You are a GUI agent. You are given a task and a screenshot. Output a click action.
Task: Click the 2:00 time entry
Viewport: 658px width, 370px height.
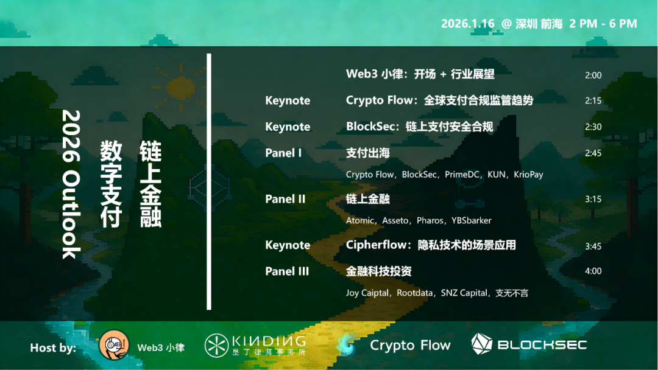pyautogui.click(x=593, y=75)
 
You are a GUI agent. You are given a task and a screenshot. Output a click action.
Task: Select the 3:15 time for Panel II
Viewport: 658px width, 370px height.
pyautogui.click(x=593, y=200)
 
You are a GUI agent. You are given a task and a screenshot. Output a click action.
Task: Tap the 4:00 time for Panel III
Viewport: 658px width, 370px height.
pyautogui.click(x=593, y=271)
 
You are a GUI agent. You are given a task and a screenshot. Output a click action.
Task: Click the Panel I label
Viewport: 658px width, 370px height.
pyautogui.click(x=283, y=153)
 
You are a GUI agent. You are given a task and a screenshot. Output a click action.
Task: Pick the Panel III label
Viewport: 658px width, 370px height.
pyautogui.click(x=287, y=271)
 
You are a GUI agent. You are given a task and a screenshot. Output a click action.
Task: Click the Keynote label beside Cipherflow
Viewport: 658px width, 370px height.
pyautogui.click(x=288, y=245)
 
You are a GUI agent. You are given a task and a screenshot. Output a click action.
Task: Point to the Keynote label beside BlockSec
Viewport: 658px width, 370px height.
pyautogui.click(x=288, y=127)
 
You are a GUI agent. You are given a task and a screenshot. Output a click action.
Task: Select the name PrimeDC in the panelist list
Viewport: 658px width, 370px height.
pyautogui.click(x=462, y=174)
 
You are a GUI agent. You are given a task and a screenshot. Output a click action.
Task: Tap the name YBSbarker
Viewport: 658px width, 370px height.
pyautogui.click(x=471, y=220)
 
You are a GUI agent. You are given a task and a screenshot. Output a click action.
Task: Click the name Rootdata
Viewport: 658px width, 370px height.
pyautogui.click(x=415, y=293)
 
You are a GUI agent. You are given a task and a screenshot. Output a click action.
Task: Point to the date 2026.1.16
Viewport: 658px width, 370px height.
pyautogui.click(x=467, y=24)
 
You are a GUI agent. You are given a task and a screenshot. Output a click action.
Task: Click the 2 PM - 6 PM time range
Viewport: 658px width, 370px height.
pyautogui.click(x=603, y=24)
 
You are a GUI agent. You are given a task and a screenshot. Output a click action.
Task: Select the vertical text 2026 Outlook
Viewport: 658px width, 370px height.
pyautogui.click(x=71, y=184)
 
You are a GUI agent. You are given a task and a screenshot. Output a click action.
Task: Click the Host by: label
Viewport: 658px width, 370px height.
pyautogui.click(x=53, y=348)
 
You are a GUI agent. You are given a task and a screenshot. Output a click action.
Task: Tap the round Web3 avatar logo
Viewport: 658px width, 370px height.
pyautogui.click(x=113, y=345)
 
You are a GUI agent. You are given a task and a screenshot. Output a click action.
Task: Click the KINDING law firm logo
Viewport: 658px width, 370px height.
pyautogui.click(x=255, y=345)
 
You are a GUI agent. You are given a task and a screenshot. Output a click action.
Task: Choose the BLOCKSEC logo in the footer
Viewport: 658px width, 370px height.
pyautogui.click(x=529, y=344)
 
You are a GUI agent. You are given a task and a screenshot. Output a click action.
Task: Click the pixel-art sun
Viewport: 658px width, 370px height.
pyautogui.click(x=180, y=88)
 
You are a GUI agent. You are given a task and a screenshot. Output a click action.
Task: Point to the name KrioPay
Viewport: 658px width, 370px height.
pyautogui.click(x=528, y=174)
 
